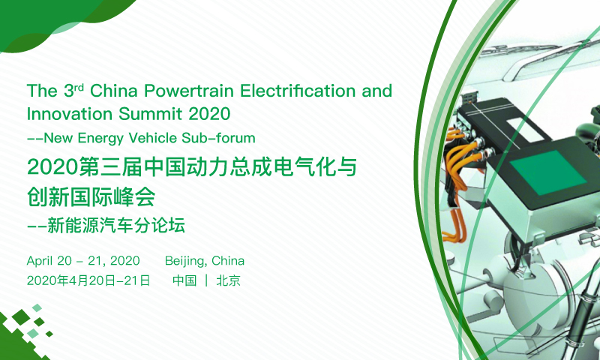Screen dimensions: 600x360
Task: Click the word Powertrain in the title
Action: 189,91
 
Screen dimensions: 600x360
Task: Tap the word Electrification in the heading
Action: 298,91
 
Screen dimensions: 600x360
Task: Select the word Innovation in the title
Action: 70,113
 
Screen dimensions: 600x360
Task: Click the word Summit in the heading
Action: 151,113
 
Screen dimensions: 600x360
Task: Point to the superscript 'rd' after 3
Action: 79,87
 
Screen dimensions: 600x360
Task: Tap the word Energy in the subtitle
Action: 100,139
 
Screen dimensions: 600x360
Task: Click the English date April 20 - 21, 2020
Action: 83,261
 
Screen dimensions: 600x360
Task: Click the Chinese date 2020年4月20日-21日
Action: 88,280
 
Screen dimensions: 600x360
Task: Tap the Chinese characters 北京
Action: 229,280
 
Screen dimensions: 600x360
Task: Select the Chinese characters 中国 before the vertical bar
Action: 184,280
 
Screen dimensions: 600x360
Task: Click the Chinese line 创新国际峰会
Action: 91,196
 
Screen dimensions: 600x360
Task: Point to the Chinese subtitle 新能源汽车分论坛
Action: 116,225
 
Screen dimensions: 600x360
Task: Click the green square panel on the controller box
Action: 548,172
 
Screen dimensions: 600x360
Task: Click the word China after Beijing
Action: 228,261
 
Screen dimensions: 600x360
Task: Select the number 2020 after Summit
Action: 209,113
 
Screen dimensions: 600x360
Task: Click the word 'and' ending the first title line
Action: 377,91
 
